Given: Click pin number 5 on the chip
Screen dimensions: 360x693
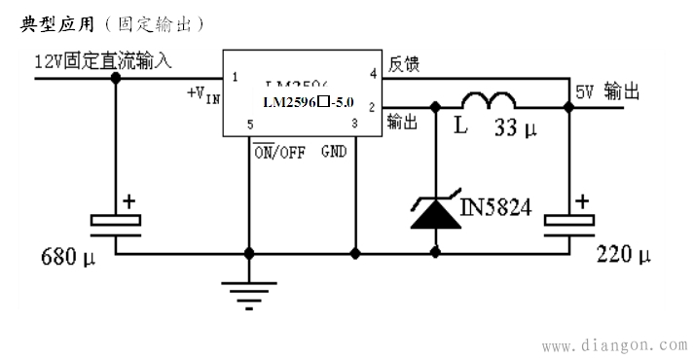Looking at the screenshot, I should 251,125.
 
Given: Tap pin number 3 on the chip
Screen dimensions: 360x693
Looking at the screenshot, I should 355,124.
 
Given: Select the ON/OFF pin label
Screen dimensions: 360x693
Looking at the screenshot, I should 278,151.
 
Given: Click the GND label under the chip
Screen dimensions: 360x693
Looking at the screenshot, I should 335,151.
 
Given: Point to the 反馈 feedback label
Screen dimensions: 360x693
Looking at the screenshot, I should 404,63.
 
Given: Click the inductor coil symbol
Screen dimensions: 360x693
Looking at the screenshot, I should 488,102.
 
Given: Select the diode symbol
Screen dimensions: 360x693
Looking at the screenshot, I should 433,211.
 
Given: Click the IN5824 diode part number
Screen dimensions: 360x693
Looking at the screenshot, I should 496,207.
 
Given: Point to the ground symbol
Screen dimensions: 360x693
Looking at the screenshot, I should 248,291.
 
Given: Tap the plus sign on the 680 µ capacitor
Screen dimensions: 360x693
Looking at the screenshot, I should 128,201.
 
